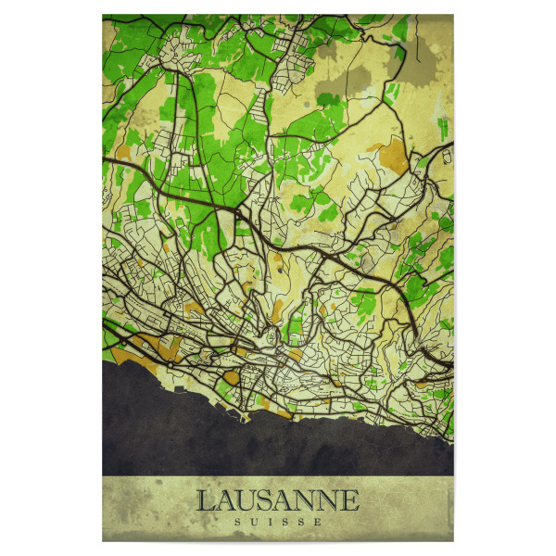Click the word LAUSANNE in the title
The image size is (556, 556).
click(x=277, y=501)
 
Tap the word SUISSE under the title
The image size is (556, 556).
click(x=277, y=522)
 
